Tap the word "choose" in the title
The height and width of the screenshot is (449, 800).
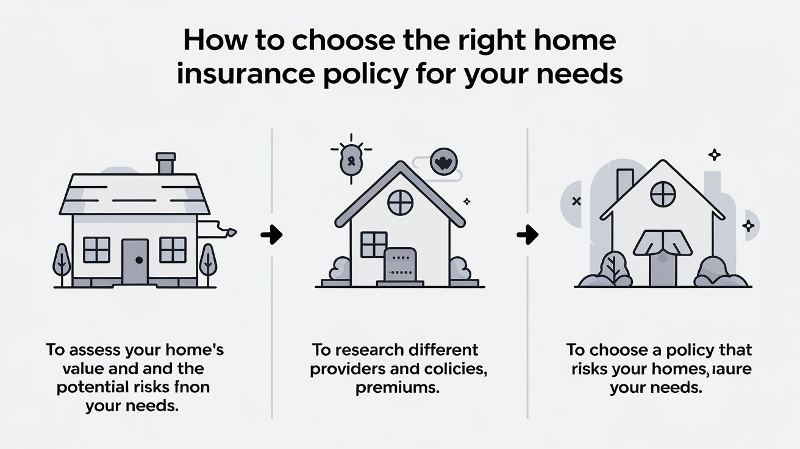pos(343,41)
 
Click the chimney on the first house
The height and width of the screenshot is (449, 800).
pos(166,163)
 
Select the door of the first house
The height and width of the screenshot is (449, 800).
pos(135,262)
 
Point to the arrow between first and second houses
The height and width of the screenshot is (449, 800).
pos(271,235)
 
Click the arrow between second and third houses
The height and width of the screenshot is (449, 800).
pos(527,235)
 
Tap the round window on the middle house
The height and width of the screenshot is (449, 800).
pos(401,203)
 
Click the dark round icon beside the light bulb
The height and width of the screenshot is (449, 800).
pos(444,162)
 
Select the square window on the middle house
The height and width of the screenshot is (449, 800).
pos(374,244)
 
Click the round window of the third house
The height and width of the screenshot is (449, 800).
pos(663,195)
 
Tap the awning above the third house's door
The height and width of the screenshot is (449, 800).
pos(663,243)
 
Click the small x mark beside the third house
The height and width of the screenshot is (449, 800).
pos(576,201)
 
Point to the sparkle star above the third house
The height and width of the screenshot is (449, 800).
pos(714,155)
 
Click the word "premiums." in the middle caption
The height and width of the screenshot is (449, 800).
pos(398,388)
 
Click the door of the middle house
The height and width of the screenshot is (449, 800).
pos(400,265)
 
